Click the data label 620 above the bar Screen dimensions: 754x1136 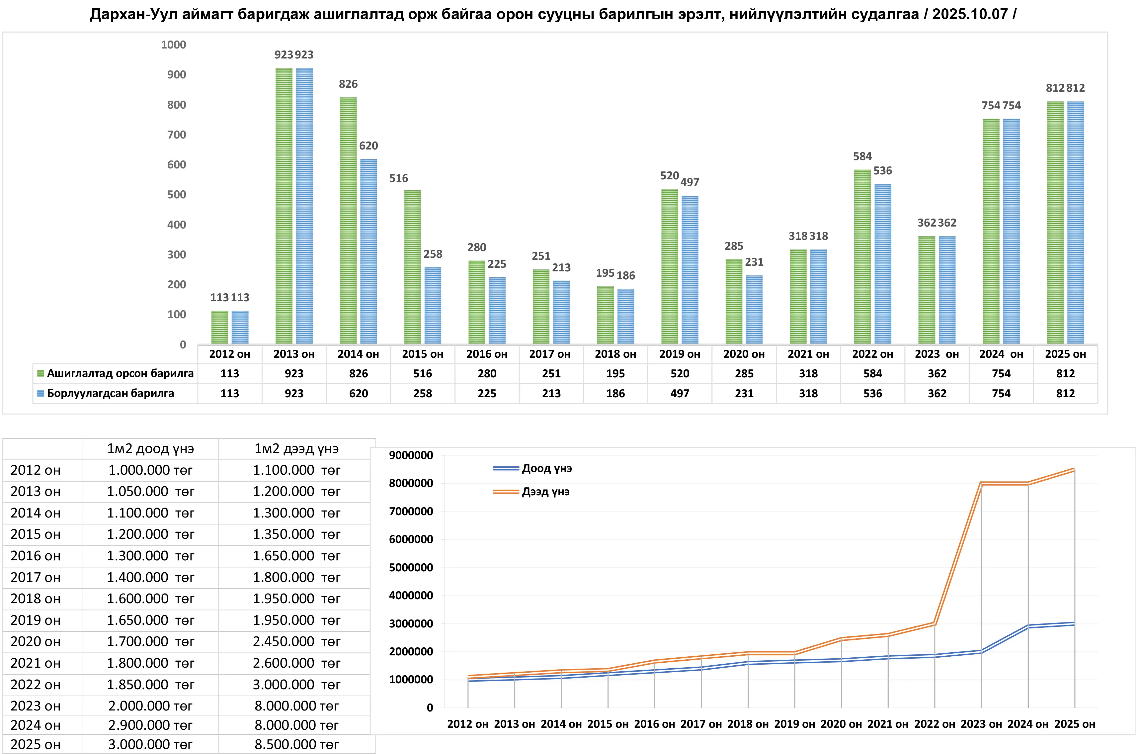pos(368,146)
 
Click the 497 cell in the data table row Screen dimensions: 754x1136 pos(680,393)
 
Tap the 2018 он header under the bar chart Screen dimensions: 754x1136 pos(615,354)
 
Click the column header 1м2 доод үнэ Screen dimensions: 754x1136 pos(150,449)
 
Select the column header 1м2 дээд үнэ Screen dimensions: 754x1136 pos(296,449)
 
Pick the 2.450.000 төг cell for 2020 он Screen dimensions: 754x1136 pos(296,641)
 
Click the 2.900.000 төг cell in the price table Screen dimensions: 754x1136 pos(150,725)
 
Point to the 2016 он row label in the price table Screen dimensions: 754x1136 pos(36,556)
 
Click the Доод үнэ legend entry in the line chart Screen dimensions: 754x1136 pos(546,468)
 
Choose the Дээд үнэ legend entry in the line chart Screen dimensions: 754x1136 pos(545,492)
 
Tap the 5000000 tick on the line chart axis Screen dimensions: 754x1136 pos(411,567)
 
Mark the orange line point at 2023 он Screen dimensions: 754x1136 pos(981,483)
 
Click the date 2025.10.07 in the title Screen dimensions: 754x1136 pos(970,14)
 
